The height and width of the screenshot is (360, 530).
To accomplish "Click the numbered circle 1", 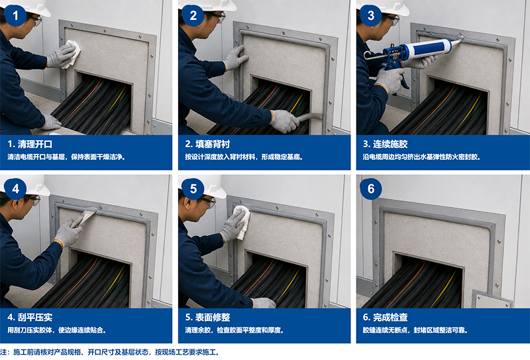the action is click(15, 15).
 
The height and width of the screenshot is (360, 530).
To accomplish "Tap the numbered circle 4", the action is click(15, 189).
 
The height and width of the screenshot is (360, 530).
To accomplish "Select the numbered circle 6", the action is click(371, 189).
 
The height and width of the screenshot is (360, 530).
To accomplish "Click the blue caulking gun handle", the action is click(403, 80).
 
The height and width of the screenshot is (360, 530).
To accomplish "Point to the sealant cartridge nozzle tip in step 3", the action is click(462, 40).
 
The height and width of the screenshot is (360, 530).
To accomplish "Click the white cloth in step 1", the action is click(72, 54).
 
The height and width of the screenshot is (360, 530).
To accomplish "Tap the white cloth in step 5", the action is click(242, 221).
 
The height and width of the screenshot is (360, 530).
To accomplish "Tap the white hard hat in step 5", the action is click(212, 187).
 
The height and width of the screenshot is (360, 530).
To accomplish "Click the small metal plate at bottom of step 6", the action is click(491, 300).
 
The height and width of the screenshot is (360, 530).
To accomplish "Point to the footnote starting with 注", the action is click(109, 352).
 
